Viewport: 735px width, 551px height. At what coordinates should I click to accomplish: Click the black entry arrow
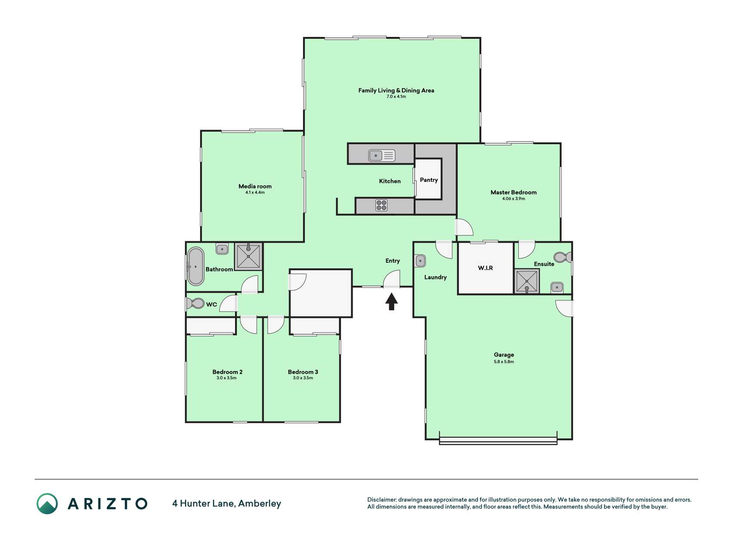pos(391,301)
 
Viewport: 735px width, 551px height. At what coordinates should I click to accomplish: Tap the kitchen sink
pos(382,155)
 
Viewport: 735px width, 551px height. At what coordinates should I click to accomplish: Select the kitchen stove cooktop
pos(381,205)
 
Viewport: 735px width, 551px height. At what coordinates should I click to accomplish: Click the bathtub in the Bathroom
pos(196,266)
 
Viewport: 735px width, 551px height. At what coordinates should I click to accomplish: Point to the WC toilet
pos(195,303)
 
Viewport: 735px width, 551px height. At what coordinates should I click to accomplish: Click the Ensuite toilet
pos(562,257)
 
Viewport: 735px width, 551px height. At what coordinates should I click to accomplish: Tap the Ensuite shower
pos(527,282)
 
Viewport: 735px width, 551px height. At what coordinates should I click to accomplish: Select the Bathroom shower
pos(248,257)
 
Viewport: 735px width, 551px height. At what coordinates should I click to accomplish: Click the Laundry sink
pos(420,261)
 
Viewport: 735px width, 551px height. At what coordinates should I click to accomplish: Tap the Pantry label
pos(429,180)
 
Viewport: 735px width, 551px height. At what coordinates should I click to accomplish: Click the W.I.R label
pos(485,268)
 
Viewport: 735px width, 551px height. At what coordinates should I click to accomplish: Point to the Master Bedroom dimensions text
pos(514,198)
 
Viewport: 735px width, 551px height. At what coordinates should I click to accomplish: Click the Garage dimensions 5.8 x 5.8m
pos(504,362)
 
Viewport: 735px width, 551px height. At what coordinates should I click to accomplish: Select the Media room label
pos(255,186)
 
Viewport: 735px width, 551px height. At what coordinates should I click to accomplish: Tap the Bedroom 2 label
pos(227,372)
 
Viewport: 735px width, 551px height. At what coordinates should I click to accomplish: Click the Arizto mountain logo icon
pos(47,503)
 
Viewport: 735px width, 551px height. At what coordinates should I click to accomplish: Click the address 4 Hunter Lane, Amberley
pos(226,503)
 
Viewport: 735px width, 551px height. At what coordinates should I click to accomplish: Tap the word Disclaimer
pos(381,500)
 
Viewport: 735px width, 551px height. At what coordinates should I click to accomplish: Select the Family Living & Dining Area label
pos(396,90)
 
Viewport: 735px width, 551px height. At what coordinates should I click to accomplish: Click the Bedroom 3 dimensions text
pos(303,378)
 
